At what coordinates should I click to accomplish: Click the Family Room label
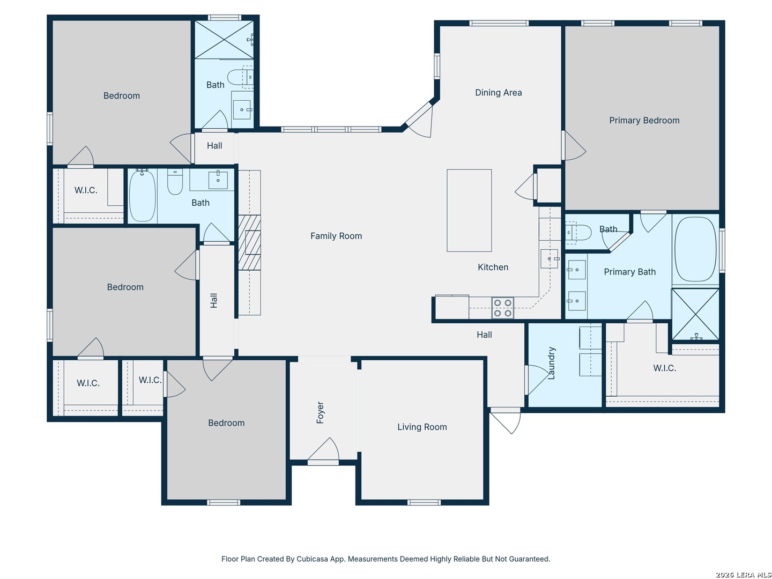pos(336,236)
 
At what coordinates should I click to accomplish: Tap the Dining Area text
pos(499,92)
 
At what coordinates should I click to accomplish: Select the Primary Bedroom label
pos(644,120)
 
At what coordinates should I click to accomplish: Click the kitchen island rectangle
pos(469,210)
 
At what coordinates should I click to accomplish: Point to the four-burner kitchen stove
pos(502,308)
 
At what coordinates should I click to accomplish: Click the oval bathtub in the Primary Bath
pos(695,249)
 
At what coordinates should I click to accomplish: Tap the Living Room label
pos(422,427)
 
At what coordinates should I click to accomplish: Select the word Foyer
pos(320,412)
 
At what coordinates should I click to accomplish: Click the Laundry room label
pos(552,363)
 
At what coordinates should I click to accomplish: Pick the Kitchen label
pos(493,267)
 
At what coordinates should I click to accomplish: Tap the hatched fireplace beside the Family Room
pos(249,242)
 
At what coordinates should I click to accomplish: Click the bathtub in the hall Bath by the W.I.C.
pos(143,196)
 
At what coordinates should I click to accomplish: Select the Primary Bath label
pos(629,272)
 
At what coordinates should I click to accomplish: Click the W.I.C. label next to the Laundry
pos(664,368)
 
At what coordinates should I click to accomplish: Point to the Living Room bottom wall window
pos(424,502)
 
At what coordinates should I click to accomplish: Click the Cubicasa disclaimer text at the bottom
pos(385,559)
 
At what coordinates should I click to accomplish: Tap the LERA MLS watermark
pos(744,575)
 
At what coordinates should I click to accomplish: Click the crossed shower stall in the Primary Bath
pos(695,314)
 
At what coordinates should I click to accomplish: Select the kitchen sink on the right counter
pos(550,259)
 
